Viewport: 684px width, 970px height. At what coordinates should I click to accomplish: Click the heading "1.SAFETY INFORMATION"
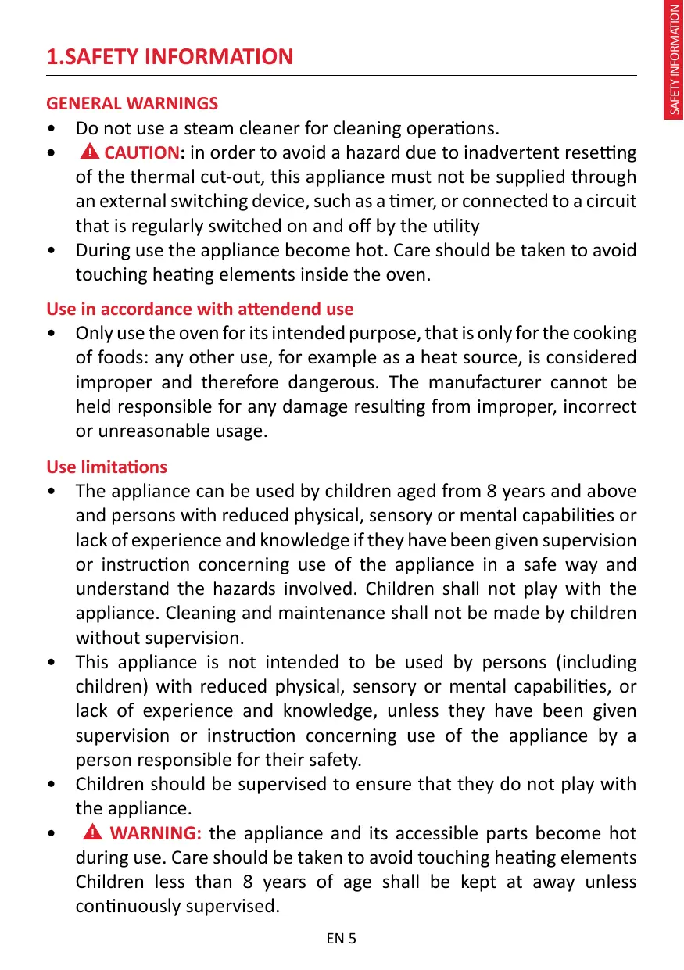click(170, 57)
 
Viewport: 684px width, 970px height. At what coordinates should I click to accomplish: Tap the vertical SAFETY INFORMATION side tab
click(674, 61)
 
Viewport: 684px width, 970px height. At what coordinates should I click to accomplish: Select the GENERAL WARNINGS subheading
click(132, 103)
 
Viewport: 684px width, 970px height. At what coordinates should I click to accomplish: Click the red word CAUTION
click(141, 152)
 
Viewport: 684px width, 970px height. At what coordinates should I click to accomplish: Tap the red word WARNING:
click(157, 833)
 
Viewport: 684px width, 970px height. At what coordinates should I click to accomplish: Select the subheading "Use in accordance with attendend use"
click(199, 309)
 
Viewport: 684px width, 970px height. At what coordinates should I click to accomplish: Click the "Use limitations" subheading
click(106, 467)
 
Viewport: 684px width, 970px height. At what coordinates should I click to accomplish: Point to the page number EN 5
click(342, 938)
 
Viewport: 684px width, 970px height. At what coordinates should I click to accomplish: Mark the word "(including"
click(596, 662)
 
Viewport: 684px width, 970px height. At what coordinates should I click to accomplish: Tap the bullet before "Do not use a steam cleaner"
click(51, 128)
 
